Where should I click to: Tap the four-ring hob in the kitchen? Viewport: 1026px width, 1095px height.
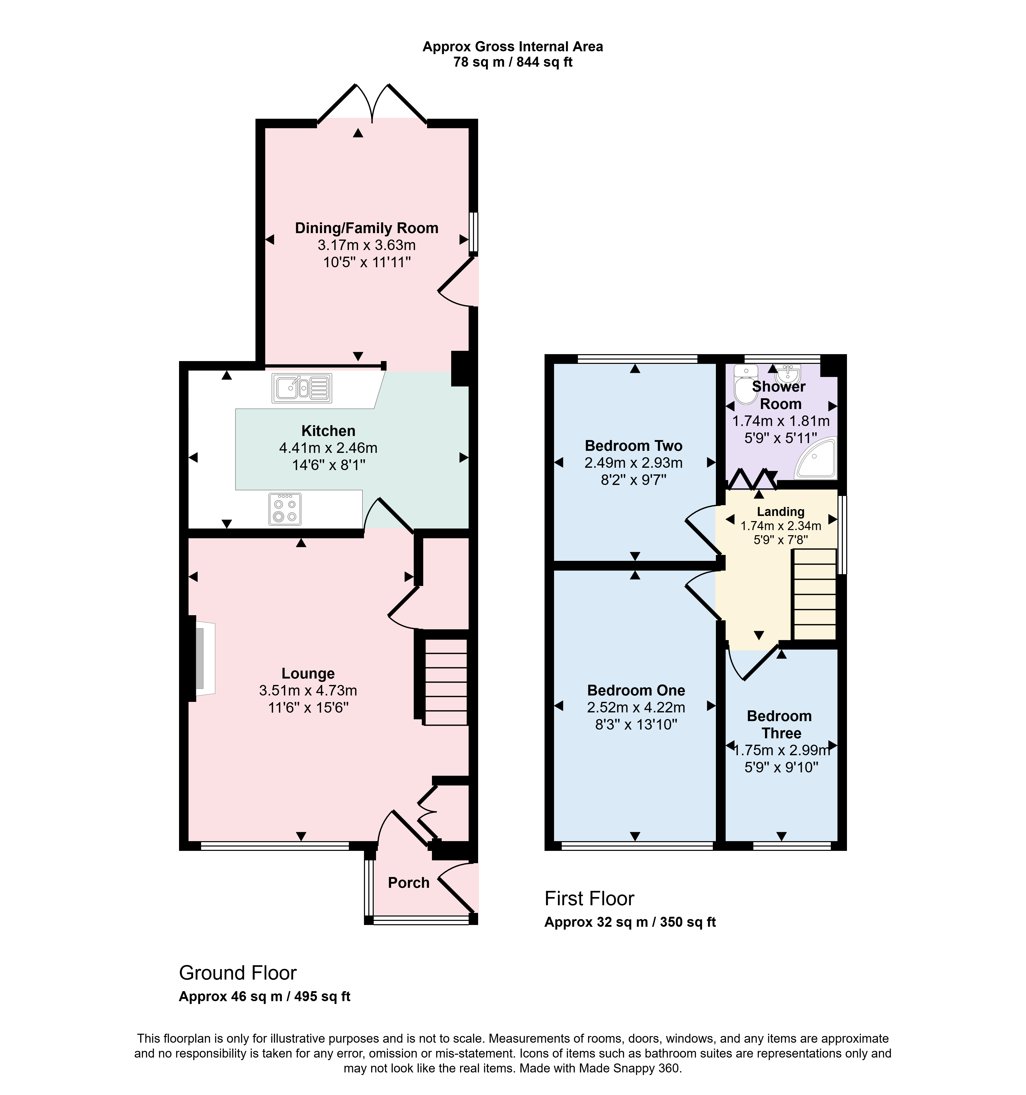285,509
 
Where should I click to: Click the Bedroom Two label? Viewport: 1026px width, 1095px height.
634,446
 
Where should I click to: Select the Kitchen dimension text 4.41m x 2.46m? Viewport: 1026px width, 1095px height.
328,448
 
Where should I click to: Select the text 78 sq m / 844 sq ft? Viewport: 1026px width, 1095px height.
513,62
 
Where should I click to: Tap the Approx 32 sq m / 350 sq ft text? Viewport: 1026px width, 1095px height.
630,922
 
